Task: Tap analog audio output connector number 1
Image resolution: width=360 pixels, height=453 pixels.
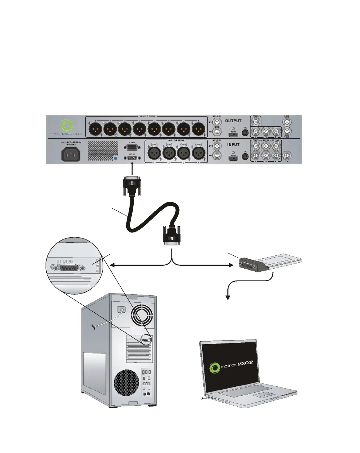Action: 96,130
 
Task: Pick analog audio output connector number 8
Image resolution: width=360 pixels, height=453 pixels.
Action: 199,130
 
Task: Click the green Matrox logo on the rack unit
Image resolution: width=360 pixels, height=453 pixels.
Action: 67,127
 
